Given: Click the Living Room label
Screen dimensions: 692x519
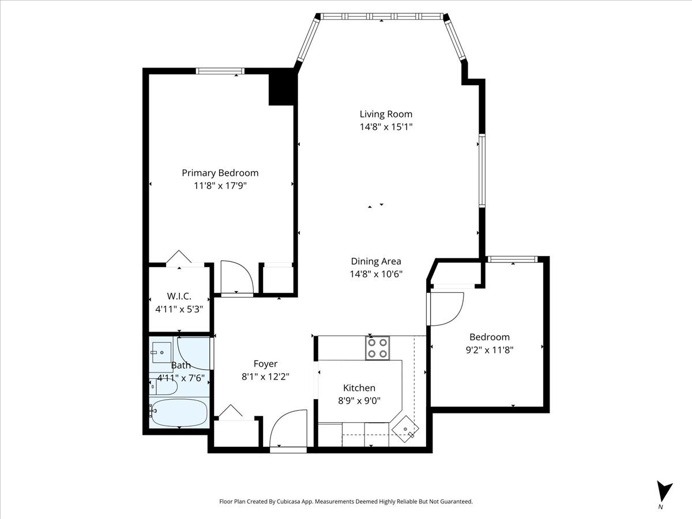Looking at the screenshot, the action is tap(386, 114).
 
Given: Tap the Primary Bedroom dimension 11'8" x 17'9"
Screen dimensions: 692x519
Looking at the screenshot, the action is tap(220, 186).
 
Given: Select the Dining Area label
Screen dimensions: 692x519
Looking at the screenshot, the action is tap(376, 261).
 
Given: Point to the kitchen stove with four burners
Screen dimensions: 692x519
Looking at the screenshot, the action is tap(377, 348).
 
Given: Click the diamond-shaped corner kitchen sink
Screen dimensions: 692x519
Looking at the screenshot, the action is tap(405, 429).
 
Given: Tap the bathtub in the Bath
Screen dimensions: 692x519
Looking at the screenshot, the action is tap(179, 412).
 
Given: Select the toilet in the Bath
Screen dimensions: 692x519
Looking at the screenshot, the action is tap(163, 387).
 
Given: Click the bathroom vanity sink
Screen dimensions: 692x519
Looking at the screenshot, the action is tap(161, 352).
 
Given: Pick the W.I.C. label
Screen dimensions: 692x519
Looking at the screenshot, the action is tap(179, 296).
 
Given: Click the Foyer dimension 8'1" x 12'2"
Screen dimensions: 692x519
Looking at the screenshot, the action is tap(265, 377).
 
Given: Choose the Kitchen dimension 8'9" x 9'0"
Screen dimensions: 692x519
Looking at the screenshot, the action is tap(359, 401).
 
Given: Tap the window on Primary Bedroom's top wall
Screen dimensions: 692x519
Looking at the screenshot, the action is tap(220, 71).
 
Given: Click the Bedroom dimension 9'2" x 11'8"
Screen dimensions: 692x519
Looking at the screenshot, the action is tap(490, 350).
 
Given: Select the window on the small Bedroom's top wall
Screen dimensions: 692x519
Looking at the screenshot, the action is tap(513, 259).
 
